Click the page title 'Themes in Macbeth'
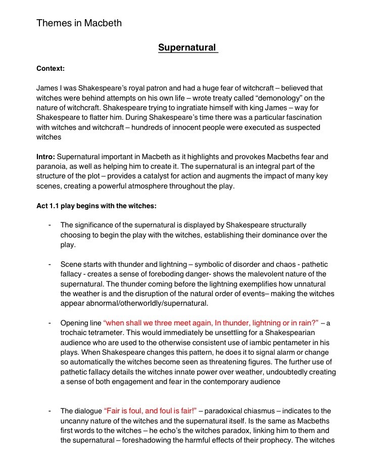[x=79, y=23]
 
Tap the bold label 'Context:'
[x=51, y=68]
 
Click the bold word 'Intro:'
[x=46, y=157]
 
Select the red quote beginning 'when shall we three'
[x=211, y=323]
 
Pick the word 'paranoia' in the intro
[x=52, y=166]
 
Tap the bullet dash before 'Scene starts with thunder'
[x=50, y=264]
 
